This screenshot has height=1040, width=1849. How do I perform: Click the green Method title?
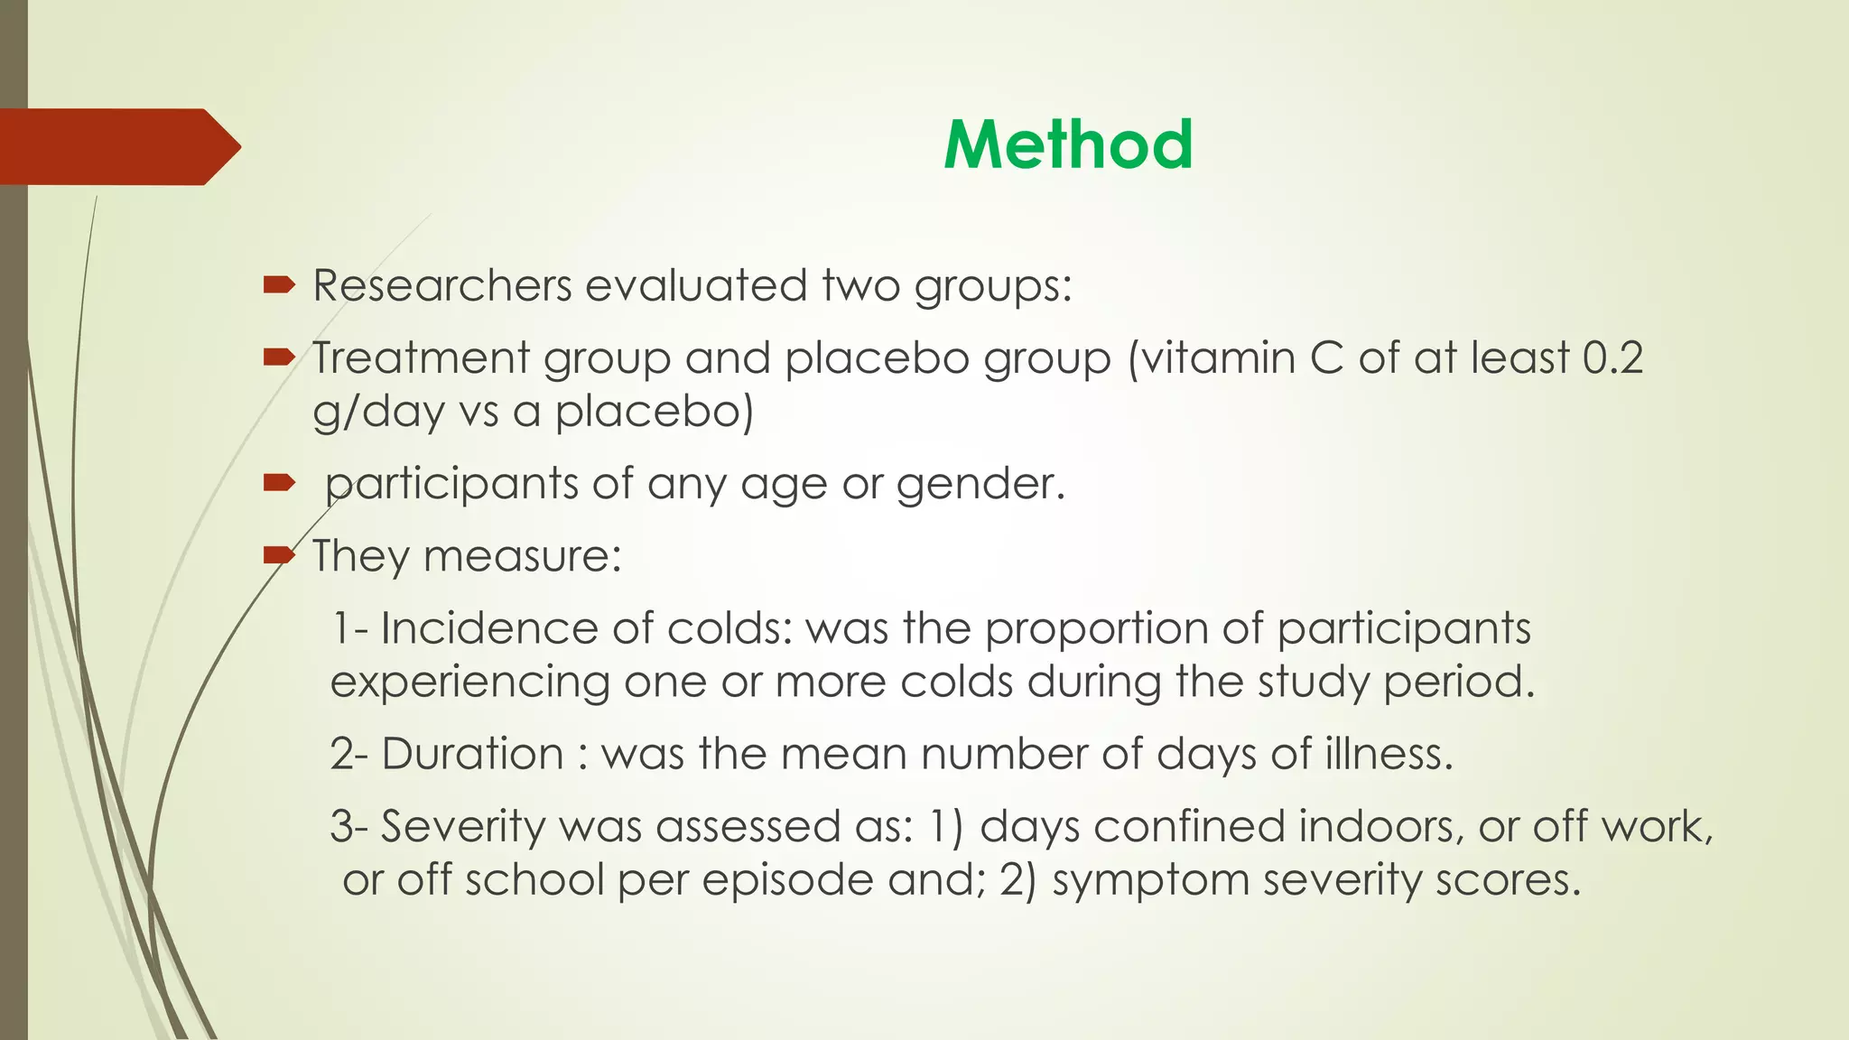click(1068, 145)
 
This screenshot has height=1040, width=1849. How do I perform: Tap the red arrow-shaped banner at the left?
click(117, 147)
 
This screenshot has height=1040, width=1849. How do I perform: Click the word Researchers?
click(441, 286)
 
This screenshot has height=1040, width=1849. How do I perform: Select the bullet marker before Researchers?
click(279, 286)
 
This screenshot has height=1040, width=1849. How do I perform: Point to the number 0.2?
click(1612, 358)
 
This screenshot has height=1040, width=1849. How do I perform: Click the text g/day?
click(379, 413)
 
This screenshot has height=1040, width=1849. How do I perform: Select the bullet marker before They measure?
click(279, 555)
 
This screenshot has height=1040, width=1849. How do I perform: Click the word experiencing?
click(469, 682)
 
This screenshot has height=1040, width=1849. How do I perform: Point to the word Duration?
click(472, 754)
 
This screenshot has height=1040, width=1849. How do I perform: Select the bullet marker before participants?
click(279, 484)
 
